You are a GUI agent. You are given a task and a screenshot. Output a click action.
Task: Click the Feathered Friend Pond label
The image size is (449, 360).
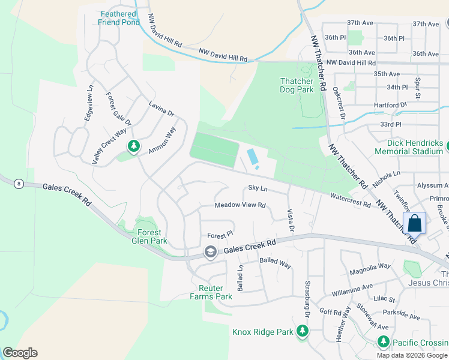119,18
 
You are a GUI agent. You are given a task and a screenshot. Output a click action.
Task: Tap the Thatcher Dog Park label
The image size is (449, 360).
297,85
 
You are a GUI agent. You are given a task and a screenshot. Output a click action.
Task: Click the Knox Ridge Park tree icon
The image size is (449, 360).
303,331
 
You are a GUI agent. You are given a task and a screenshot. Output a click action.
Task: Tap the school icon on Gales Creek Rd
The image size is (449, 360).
210,252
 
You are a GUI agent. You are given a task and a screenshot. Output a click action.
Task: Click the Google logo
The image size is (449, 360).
20,353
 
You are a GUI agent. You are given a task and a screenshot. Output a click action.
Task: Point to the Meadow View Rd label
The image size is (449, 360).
240,205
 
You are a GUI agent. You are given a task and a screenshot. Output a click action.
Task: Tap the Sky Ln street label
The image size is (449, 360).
258,188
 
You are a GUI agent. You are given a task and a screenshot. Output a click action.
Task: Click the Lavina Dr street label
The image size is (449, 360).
161,109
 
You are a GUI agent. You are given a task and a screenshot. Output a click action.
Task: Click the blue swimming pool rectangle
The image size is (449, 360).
253,157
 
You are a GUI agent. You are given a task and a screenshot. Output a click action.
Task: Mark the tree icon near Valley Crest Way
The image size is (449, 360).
133,146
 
